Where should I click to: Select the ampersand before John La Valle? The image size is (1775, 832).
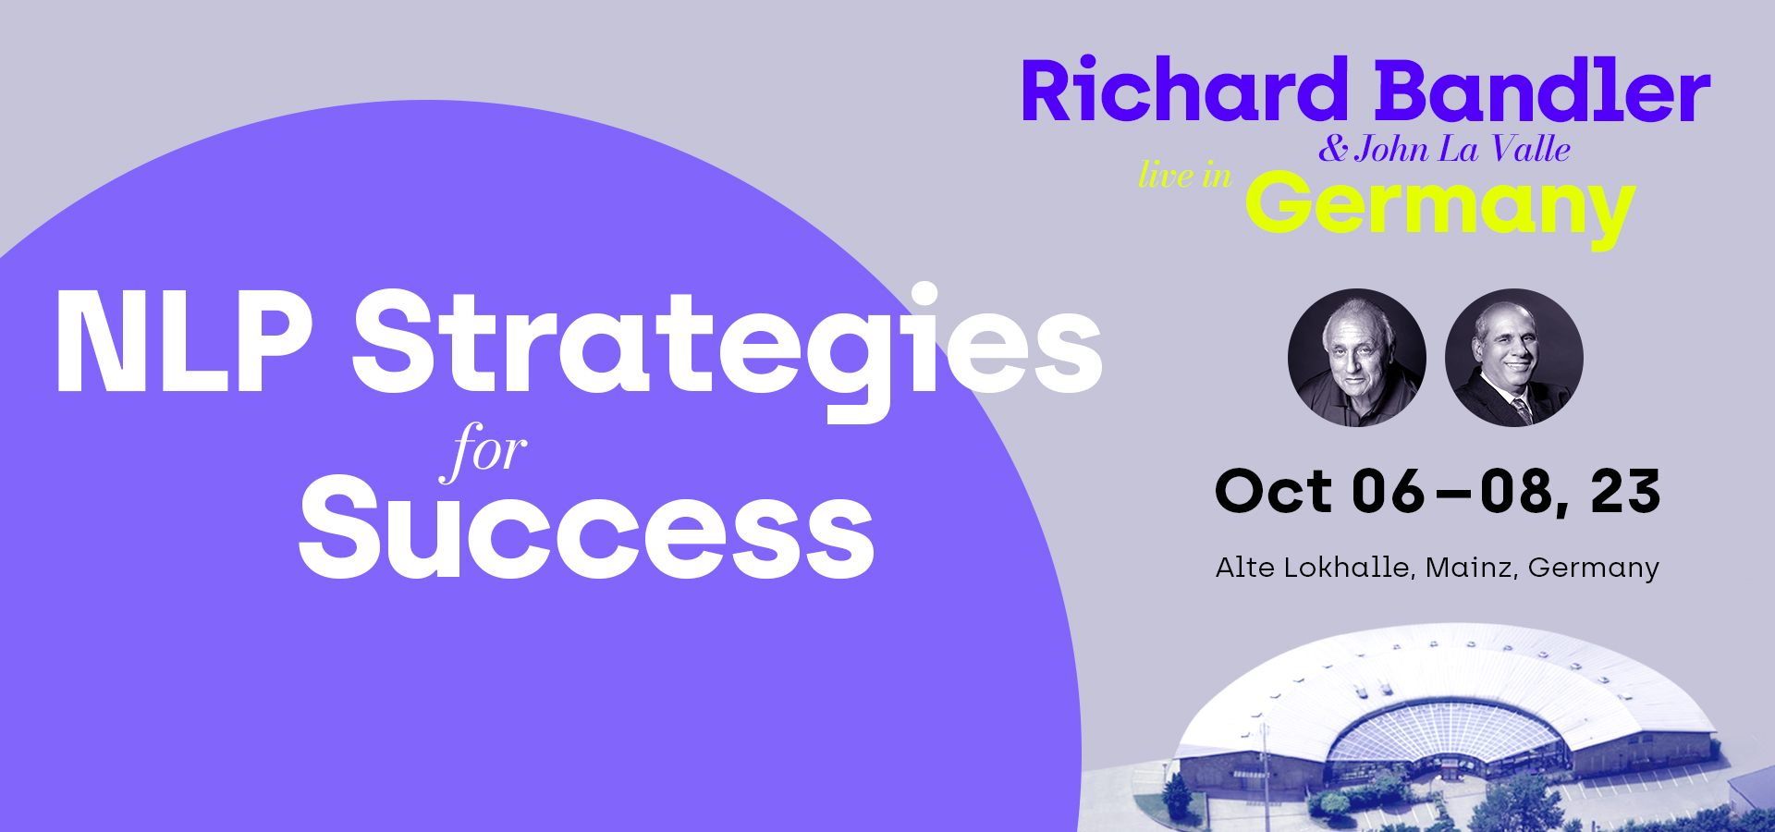pyautogui.click(x=1333, y=149)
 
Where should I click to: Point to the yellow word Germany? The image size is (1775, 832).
pyautogui.click(x=1440, y=209)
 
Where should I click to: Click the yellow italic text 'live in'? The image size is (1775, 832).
pyautogui.click(x=1185, y=175)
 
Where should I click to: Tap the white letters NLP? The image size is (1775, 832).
pyautogui.click(x=185, y=342)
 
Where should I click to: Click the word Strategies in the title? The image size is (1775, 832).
pyautogui.click(x=728, y=351)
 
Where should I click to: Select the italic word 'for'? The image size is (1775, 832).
pyautogui.click(x=484, y=451)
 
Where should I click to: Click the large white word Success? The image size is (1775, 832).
pyautogui.click(x=587, y=527)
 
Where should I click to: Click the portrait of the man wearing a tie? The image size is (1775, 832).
pyautogui.click(x=1514, y=358)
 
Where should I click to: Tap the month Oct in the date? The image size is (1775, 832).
pyautogui.click(x=1274, y=491)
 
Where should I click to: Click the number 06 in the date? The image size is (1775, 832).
pyautogui.click(x=1389, y=491)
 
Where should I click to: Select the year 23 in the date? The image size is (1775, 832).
pyautogui.click(x=1625, y=491)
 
